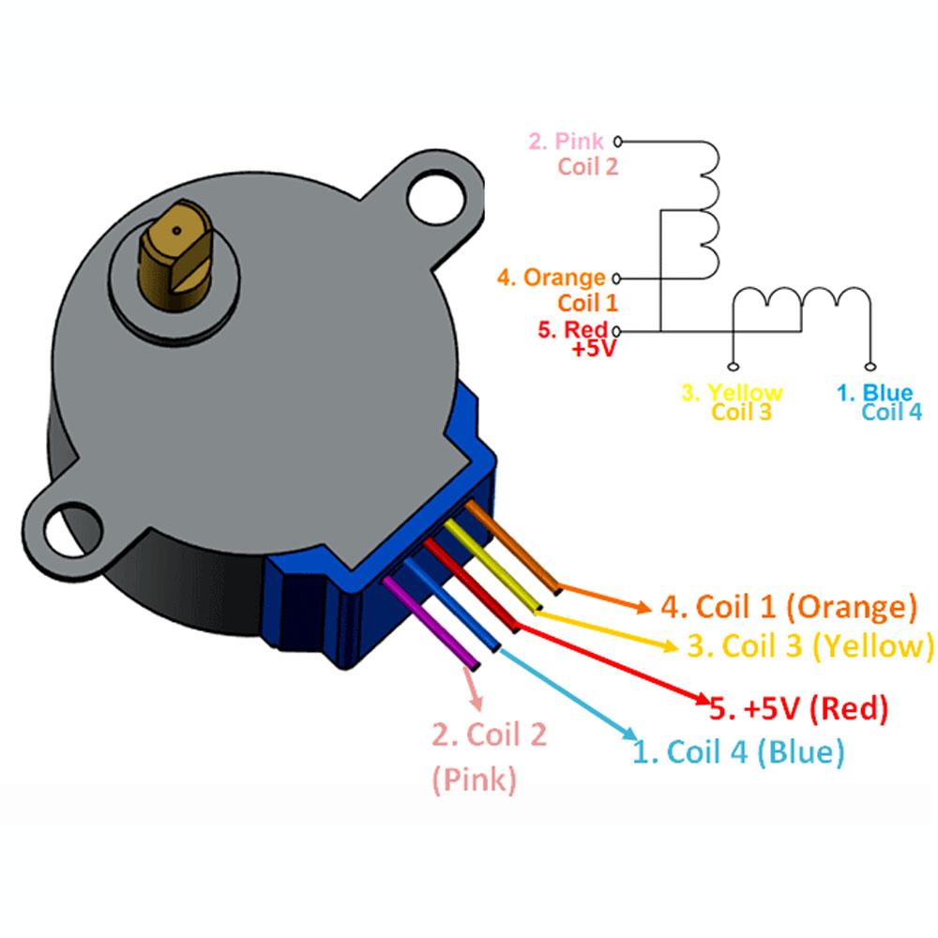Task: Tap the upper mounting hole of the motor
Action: pos(437,198)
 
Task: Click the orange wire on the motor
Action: pos(511,549)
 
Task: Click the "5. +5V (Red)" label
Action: pos(798,708)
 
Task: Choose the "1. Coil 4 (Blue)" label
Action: pos(738,751)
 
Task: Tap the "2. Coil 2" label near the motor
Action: pos(489,734)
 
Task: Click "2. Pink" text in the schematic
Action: pos(567,142)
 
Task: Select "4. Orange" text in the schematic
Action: pos(552,278)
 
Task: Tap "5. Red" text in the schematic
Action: pos(572,330)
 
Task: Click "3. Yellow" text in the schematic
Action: pos(732,392)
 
